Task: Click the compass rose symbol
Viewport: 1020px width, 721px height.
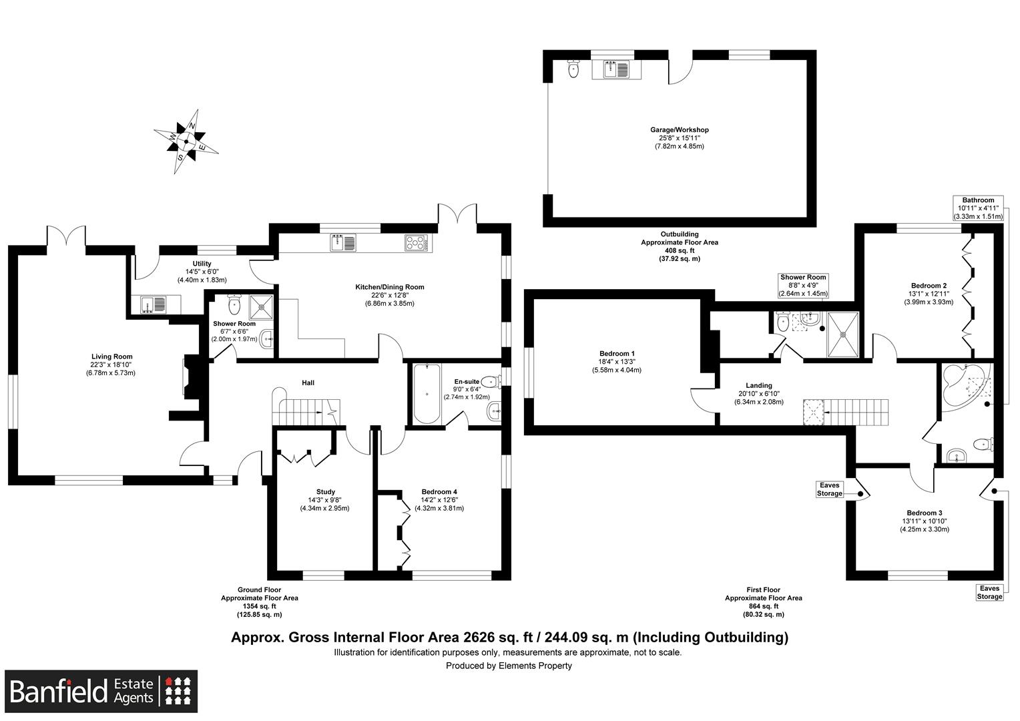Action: pyautogui.click(x=186, y=141)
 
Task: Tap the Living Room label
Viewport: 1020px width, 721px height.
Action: pyautogui.click(x=112, y=356)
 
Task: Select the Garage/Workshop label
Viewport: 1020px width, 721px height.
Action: pyautogui.click(x=680, y=130)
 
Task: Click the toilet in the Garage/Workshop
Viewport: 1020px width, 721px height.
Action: pyautogui.click(x=573, y=69)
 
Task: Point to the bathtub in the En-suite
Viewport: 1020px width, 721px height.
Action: pyautogui.click(x=426, y=393)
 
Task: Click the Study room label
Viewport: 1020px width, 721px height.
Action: pyautogui.click(x=326, y=492)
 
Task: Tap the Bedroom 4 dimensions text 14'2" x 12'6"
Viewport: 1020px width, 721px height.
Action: pyautogui.click(x=439, y=500)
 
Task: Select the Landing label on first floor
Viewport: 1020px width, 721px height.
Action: pyautogui.click(x=759, y=385)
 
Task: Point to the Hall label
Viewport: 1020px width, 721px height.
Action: pyautogui.click(x=308, y=383)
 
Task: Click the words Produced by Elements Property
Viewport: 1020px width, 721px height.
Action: pyautogui.click(x=509, y=666)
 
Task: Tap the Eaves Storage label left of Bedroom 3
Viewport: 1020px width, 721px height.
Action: pyautogui.click(x=830, y=489)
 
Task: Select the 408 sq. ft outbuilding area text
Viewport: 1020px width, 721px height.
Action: pyautogui.click(x=680, y=250)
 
